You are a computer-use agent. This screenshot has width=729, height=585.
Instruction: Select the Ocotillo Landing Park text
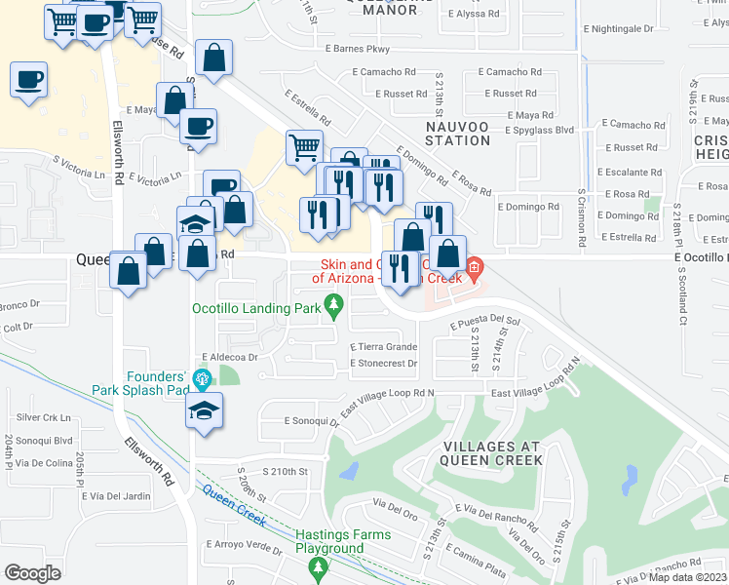pyautogui.click(x=255, y=309)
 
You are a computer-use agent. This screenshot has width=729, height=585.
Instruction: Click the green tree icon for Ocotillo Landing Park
pyautogui.click(x=335, y=309)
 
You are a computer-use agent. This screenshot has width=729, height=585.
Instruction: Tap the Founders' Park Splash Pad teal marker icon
pyautogui.click(x=203, y=379)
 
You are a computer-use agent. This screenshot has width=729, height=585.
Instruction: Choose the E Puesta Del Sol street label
pyautogui.click(x=485, y=321)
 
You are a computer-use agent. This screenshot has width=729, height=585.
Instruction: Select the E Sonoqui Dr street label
pyautogui.click(x=311, y=421)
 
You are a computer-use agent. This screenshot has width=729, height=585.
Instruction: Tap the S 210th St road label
pyautogui.click(x=281, y=471)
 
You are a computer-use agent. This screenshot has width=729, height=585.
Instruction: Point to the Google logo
pyautogui.click(x=32, y=573)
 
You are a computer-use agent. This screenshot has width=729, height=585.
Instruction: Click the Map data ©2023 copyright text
pyautogui.click(x=686, y=577)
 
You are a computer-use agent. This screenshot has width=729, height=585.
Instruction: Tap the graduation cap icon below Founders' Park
pyautogui.click(x=206, y=411)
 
